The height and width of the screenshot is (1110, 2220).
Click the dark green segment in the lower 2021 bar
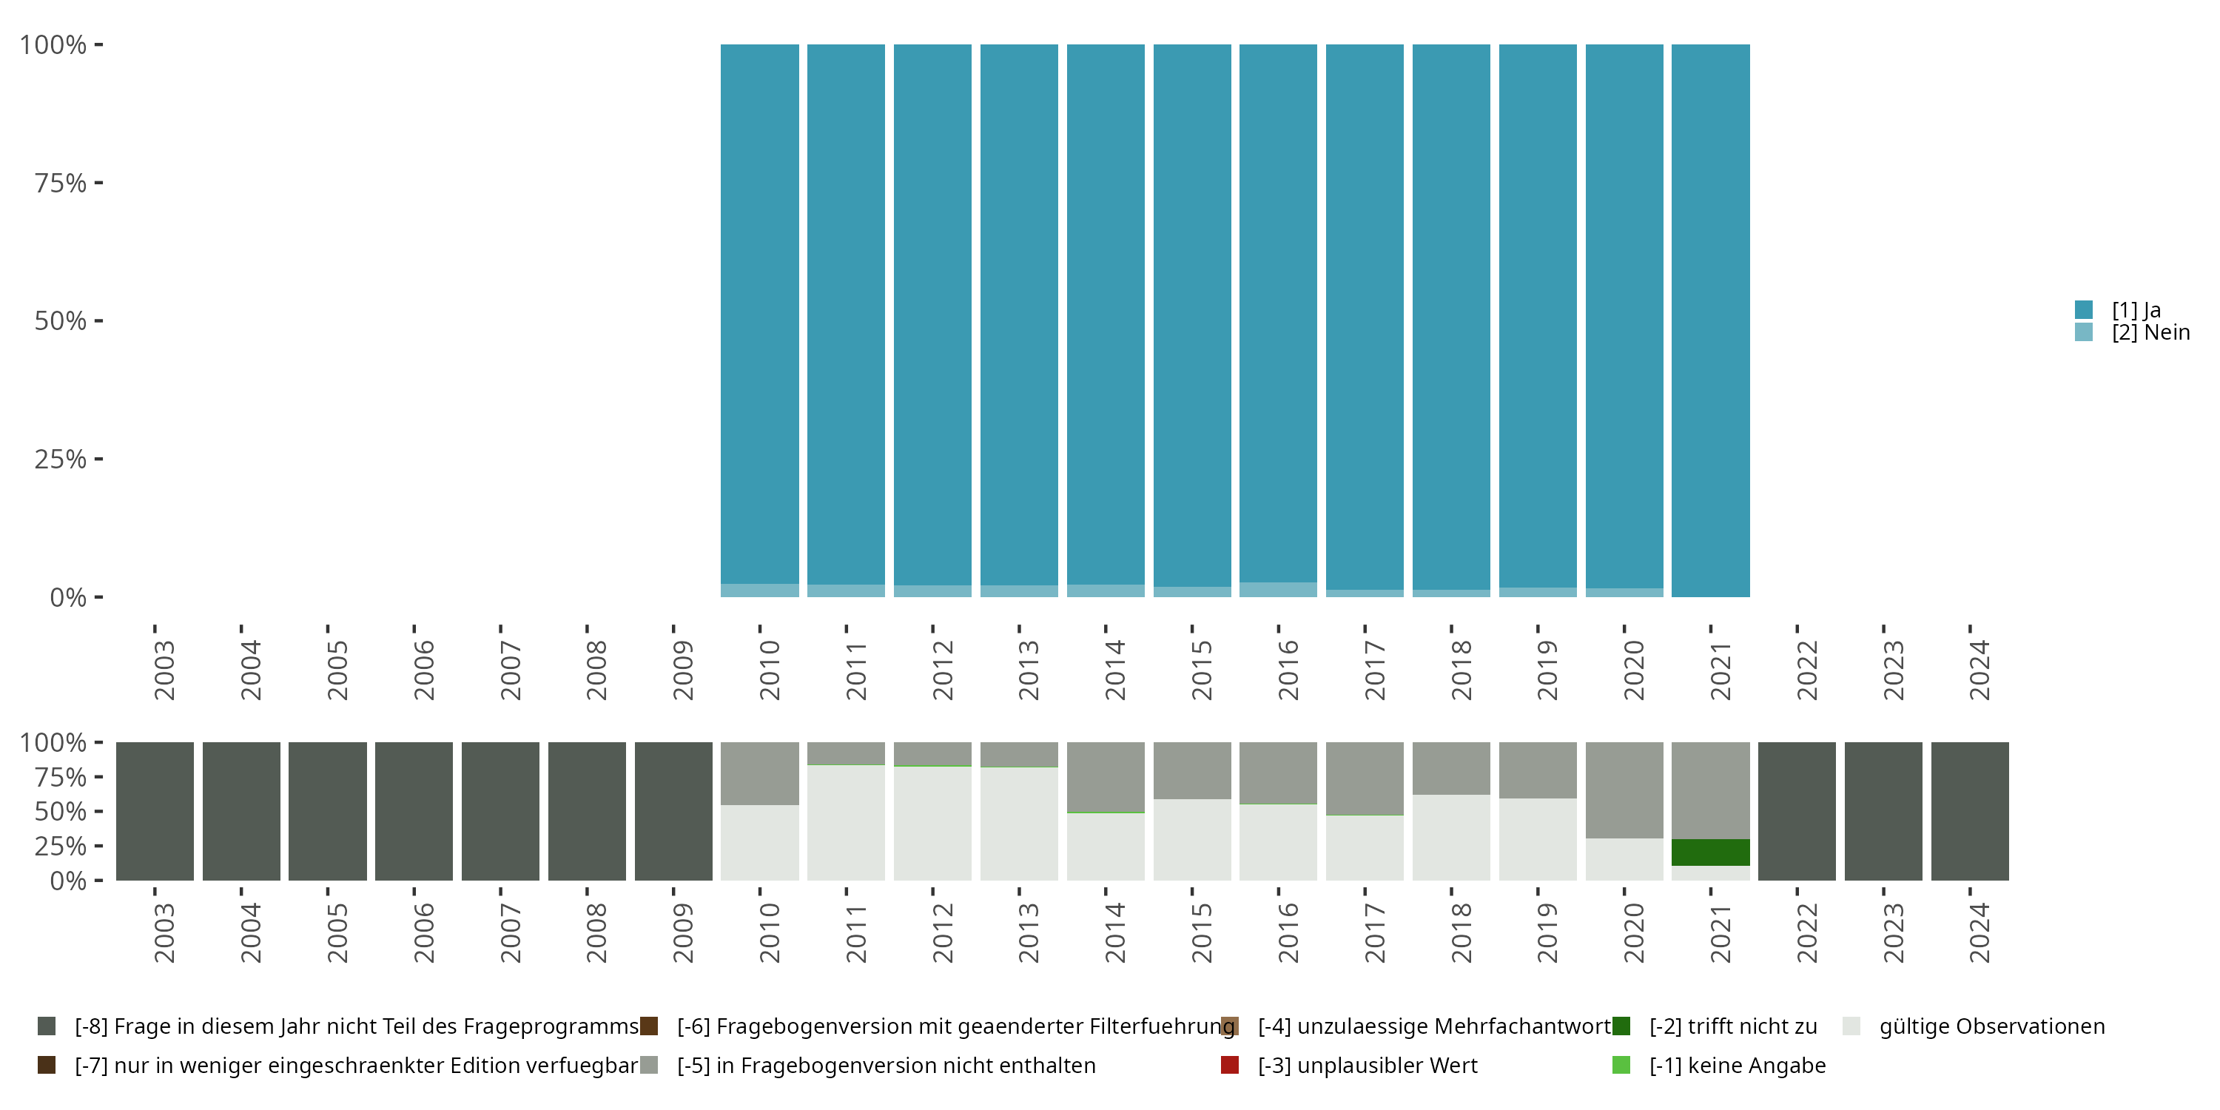click(1711, 852)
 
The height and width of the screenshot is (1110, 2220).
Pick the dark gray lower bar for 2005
click(328, 811)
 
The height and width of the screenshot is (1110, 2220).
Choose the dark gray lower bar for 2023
click(1883, 811)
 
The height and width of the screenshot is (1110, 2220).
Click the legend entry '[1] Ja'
click(2136, 310)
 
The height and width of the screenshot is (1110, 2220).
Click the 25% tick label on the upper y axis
click(61, 460)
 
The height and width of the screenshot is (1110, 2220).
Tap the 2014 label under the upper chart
click(1115, 670)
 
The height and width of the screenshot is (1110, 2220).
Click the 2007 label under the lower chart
click(510, 932)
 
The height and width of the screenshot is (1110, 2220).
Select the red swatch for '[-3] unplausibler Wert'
click(1230, 1065)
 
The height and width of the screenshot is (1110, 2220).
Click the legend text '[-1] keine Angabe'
click(1737, 1065)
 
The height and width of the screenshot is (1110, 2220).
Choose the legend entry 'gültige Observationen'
click(1991, 1026)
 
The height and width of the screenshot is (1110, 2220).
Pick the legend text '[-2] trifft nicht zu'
click(1732, 1026)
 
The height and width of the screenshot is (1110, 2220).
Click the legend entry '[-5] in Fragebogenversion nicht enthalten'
click(885, 1065)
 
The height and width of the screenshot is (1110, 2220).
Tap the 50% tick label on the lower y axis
click(61, 812)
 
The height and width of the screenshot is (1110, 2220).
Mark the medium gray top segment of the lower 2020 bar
click(1624, 790)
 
